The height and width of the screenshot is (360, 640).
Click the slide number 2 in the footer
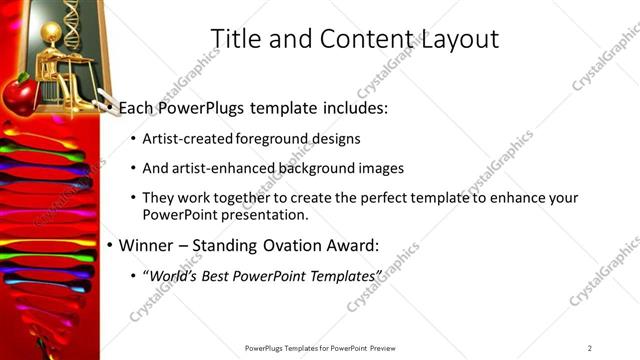click(589, 348)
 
